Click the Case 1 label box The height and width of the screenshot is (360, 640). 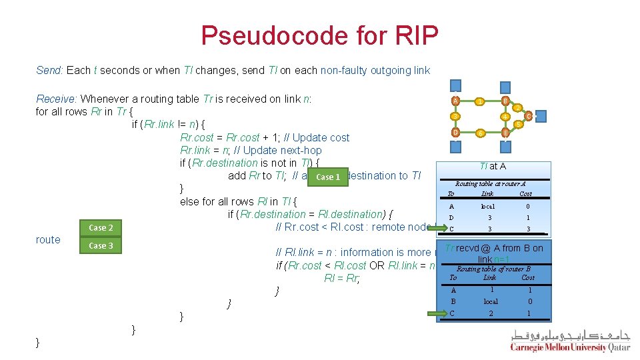tap(328, 177)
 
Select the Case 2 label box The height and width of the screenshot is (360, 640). tap(101, 227)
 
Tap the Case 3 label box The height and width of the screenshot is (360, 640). tap(101, 246)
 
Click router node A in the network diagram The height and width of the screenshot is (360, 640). tap(455, 101)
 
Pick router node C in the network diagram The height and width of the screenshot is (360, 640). tap(528, 116)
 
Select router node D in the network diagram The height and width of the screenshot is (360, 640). tap(455, 132)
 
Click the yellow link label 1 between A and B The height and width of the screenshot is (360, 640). tap(479, 101)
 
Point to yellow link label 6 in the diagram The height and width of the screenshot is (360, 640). tap(479, 133)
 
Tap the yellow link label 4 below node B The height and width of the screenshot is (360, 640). tap(505, 117)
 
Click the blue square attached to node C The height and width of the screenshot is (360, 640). tap(541, 116)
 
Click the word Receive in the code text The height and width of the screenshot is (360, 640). tap(56, 99)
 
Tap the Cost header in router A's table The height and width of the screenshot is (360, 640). tap(525, 193)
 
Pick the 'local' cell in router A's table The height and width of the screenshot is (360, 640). tap(489, 206)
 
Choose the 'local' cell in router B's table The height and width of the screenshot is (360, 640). tap(491, 301)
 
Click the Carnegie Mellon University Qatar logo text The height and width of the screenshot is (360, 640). tap(570, 347)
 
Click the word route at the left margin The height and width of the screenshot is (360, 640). tap(48, 239)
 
